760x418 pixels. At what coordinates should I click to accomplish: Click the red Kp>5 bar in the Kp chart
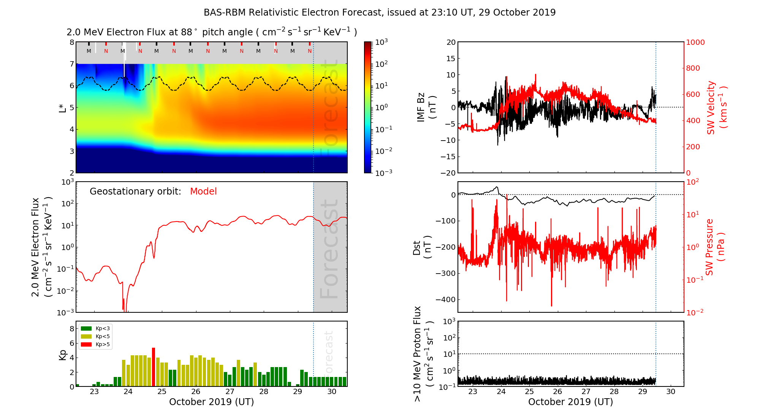point(154,367)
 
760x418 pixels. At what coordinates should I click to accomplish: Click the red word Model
point(203,192)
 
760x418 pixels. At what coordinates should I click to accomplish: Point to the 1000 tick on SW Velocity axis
point(695,42)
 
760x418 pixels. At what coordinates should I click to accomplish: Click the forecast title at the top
point(380,13)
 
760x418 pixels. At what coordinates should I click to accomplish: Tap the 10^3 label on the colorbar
point(381,42)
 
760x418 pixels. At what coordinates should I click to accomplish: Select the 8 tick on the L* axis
point(71,42)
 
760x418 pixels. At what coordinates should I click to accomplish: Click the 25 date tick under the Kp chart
point(162,392)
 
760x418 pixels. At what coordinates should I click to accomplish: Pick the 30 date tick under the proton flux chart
point(671,392)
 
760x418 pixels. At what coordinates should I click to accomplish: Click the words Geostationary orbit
point(135,192)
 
